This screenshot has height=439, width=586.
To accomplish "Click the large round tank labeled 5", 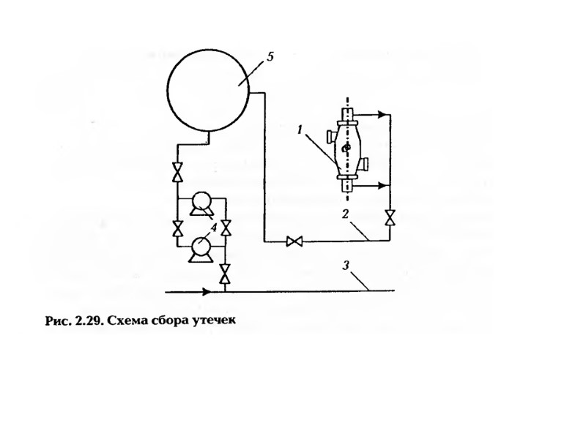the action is (208, 91).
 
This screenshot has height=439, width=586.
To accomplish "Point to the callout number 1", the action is (300, 130).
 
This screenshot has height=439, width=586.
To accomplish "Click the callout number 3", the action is (346, 266).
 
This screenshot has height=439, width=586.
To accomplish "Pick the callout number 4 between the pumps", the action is (213, 228).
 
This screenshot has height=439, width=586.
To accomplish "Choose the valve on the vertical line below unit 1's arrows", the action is (389, 217).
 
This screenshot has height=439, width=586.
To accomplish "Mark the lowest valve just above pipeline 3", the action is (225, 276).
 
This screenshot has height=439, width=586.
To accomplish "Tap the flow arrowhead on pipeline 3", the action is (207, 291).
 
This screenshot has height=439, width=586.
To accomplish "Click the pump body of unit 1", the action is (346, 149).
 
